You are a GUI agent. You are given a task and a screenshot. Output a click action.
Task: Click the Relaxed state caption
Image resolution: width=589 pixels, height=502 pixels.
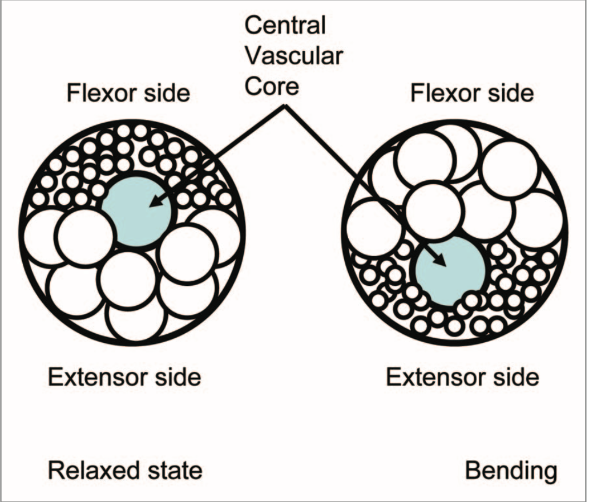point(125,471)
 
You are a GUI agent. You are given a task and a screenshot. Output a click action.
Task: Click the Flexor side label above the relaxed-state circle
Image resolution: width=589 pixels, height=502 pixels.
point(128,93)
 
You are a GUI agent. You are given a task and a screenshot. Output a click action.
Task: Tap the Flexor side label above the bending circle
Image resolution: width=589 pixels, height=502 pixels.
point(473,93)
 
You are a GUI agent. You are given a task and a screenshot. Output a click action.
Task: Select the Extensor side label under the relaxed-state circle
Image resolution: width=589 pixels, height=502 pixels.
point(124,377)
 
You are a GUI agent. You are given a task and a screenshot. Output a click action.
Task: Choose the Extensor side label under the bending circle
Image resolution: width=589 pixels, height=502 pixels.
point(463,377)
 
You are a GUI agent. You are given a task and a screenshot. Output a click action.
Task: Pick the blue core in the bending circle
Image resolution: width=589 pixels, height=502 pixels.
point(451,272)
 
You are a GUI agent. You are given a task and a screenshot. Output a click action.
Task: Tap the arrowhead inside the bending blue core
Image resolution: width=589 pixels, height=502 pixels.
point(441,261)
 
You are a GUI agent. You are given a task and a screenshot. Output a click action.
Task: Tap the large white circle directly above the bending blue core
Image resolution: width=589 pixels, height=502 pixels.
point(432,210)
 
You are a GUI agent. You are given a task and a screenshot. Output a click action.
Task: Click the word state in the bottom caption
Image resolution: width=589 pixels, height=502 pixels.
point(175,471)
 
